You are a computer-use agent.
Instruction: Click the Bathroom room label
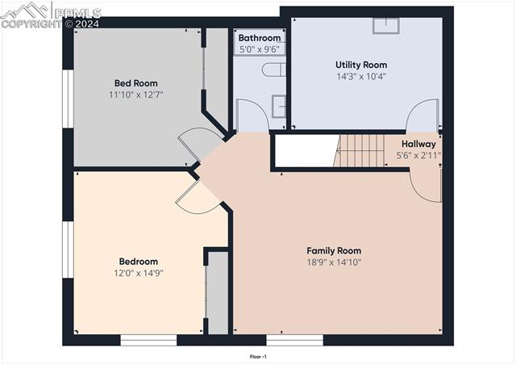coord(260,38)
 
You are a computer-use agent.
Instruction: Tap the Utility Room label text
coord(361,65)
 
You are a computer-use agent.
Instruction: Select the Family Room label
coord(334,250)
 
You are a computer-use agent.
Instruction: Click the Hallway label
coord(418,144)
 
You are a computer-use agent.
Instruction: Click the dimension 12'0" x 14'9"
coord(139,274)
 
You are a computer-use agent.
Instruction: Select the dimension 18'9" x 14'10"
coord(334,262)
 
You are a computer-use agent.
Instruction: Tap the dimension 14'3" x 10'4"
coord(361,77)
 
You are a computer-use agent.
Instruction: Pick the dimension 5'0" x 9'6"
coord(260,49)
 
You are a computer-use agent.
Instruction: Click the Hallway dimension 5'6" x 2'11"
coord(418,155)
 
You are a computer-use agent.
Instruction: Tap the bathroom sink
coord(278,106)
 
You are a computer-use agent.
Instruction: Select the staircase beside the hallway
coord(361,150)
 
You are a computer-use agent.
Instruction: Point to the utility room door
coord(423,115)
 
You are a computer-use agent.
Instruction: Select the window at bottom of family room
coord(295,340)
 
